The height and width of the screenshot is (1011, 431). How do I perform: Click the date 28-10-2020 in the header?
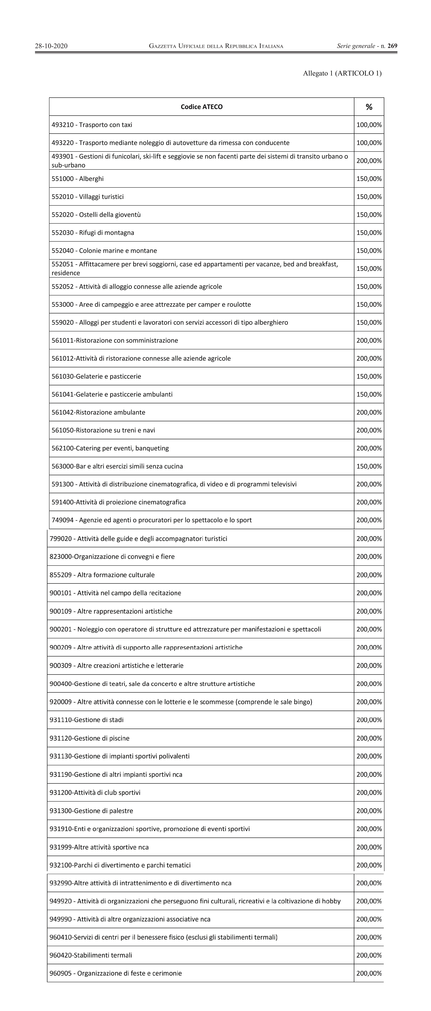(51, 46)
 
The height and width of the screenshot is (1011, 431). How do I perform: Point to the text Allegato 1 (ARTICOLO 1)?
(342, 73)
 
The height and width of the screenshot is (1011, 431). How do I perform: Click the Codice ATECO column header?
(202, 107)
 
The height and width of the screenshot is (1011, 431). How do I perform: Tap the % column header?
(369, 107)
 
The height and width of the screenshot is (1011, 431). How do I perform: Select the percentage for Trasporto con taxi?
(369, 125)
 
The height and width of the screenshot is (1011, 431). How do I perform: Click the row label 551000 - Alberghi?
(78, 179)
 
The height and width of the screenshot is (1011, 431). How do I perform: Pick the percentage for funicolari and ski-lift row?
(369, 161)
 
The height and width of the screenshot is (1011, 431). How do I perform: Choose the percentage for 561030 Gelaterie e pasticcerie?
(369, 376)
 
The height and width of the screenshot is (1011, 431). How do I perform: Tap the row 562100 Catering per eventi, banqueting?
(110, 448)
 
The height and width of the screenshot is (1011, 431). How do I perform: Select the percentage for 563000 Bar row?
(369, 466)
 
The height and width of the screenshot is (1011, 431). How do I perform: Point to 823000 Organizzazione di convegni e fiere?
(112, 556)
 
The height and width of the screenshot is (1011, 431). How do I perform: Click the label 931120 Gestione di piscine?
(89, 738)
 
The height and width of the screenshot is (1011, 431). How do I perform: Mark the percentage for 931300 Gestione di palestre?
(369, 811)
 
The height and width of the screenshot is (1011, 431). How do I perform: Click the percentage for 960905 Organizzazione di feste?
(369, 973)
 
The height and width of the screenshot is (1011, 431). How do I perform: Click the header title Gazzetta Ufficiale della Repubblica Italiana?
(216, 46)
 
